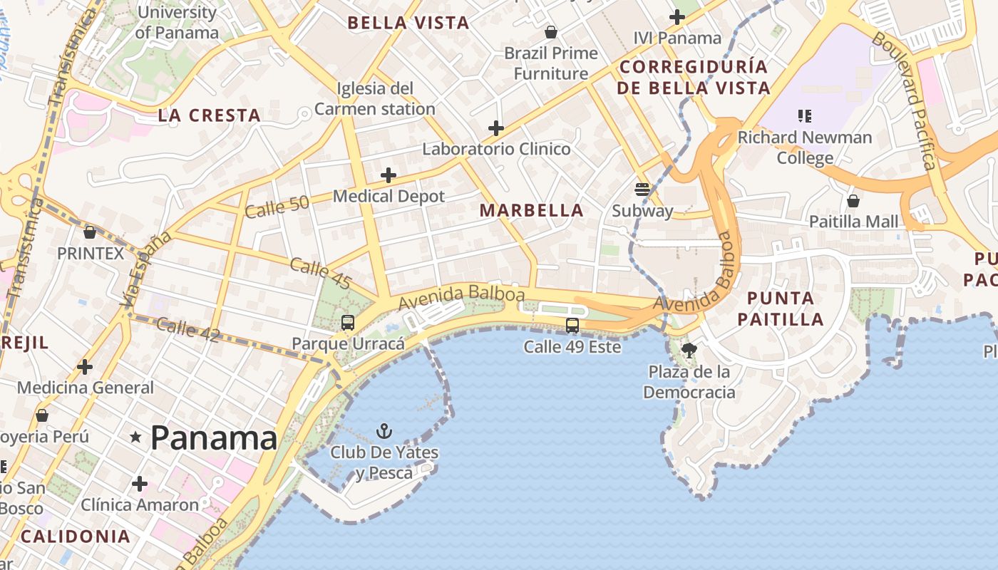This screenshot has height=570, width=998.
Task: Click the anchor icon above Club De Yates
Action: pyautogui.click(x=384, y=431)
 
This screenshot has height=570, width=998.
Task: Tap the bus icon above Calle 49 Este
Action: pyautogui.click(x=572, y=326)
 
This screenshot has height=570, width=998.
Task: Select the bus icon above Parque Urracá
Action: pyautogui.click(x=348, y=322)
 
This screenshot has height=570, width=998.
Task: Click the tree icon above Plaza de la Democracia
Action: pyautogui.click(x=689, y=350)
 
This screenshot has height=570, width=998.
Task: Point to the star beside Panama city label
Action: pyautogui.click(x=135, y=437)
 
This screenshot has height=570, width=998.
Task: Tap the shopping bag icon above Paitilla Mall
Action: pyautogui.click(x=853, y=201)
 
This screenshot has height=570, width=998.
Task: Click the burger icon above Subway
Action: pyautogui.click(x=642, y=190)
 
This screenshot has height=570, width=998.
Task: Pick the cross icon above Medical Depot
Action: pyautogui.click(x=389, y=175)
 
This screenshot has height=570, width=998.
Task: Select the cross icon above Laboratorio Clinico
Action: pyautogui.click(x=496, y=128)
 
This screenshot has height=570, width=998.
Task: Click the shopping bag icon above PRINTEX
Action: pyautogui.click(x=90, y=232)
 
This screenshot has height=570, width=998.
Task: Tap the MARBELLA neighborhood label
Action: pyautogui.click(x=531, y=210)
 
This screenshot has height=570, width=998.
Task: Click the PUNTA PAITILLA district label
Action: pyautogui.click(x=781, y=309)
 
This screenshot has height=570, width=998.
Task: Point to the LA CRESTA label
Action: pyautogui.click(x=209, y=115)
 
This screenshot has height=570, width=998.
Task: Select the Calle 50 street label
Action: pyautogui.click(x=277, y=207)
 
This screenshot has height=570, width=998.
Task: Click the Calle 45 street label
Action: pyautogui.click(x=321, y=274)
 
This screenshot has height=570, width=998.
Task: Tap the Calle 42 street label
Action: pyautogui.click(x=187, y=330)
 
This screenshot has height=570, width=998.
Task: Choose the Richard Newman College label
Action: pyautogui.click(x=805, y=147)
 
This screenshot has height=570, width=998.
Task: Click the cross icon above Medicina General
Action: pyautogui.click(x=85, y=367)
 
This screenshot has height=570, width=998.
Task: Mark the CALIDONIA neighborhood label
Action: pyautogui.click(x=76, y=537)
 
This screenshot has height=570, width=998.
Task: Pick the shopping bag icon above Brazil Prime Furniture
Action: pyautogui.click(x=550, y=32)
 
